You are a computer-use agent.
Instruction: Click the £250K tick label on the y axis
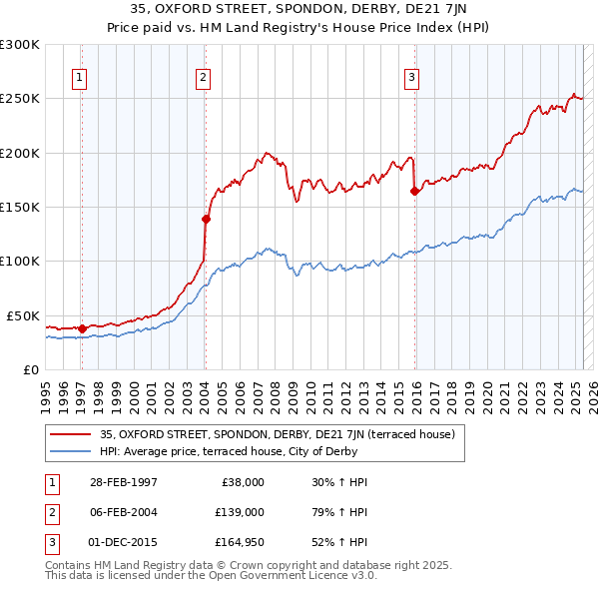click(x=19, y=99)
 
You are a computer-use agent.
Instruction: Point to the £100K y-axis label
click(x=19, y=261)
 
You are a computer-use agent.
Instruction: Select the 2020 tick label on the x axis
click(x=485, y=388)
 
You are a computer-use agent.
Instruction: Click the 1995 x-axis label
click(x=45, y=388)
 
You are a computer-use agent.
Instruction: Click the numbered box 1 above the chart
click(x=79, y=79)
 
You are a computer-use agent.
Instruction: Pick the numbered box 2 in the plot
click(x=203, y=79)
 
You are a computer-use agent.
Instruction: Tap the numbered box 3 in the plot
click(x=411, y=79)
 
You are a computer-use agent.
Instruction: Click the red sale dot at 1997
click(x=82, y=328)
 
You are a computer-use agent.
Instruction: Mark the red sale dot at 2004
click(x=206, y=219)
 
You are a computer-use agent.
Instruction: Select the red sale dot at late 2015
click(x=414, y=191)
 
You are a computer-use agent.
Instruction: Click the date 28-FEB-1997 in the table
click(x=123, y=482)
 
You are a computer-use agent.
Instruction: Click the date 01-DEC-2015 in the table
click(x=123, y=542)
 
